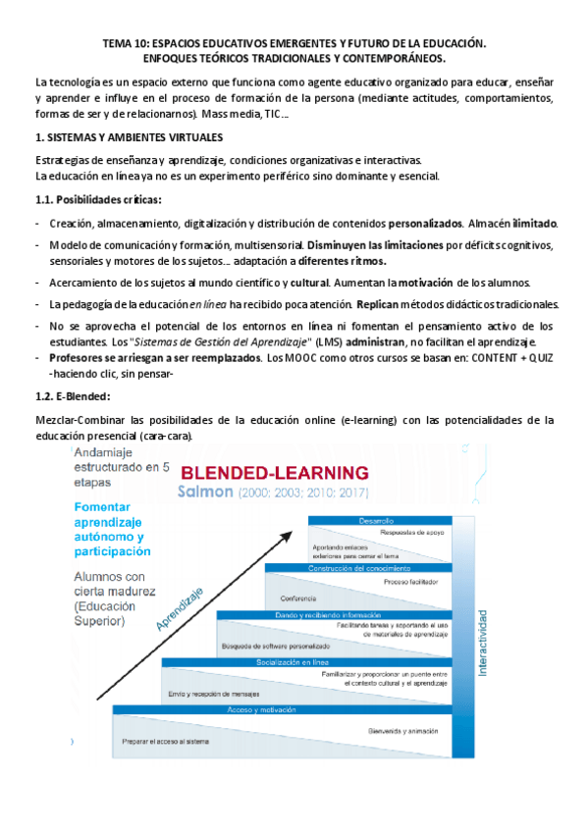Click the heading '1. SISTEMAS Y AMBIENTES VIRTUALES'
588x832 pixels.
click(x=128, y=137)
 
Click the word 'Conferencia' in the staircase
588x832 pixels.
click(x=298, y=598)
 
